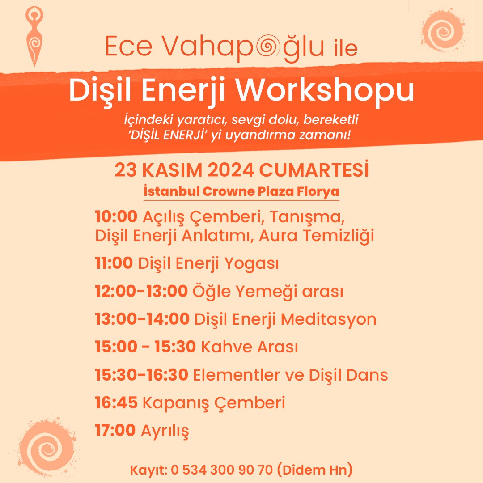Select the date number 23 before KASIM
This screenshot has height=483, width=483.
point(125,170)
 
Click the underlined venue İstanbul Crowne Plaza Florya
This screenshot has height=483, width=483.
point(241,191)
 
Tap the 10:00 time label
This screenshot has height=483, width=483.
point(116,216)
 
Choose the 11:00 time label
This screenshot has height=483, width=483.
point(114,263)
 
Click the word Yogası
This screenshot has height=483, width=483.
point(251,264)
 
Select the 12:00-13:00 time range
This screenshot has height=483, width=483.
point(141,291)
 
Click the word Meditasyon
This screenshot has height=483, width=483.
point(328,320)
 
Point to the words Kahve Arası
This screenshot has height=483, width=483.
point(250,347)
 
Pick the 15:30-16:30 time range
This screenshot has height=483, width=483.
point(141,375)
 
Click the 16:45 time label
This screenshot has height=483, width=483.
point(116,402)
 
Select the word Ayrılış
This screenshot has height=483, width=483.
point(165,431)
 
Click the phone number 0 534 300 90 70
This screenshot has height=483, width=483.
point(222,470)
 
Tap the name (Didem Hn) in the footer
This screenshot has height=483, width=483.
point(314,470)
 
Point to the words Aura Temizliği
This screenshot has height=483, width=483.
point(316,236)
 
